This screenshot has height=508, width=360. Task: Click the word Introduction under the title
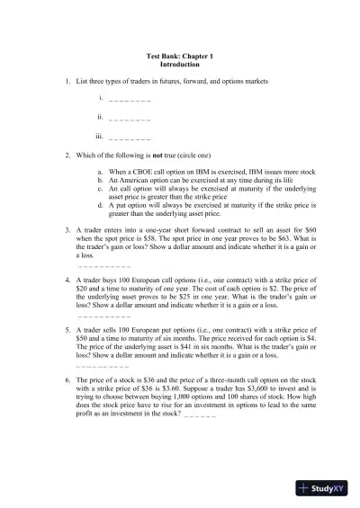(x=180, y=66)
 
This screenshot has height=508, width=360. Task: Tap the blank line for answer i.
(x=129, y=100)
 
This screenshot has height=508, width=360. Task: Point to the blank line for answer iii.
(x=129, y=138)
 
